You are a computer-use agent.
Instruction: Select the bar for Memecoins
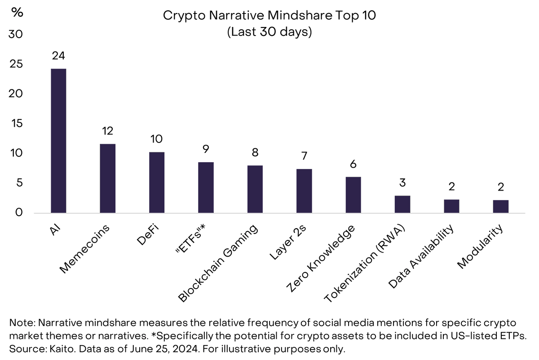tap(108, 178)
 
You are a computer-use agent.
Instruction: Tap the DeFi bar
tap(157, 182)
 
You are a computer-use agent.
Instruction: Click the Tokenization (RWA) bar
tap(402, 204)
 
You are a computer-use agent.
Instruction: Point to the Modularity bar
tap(500, 206)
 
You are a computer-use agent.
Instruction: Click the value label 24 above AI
tap(58, 56)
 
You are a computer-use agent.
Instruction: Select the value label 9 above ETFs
tap(206, 149)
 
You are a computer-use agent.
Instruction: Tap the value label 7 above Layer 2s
tap(304, 156)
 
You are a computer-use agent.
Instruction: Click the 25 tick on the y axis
tap(17, 64)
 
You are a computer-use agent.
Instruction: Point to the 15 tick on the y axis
tap(17, 124)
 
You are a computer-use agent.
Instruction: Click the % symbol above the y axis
tap(17, 12)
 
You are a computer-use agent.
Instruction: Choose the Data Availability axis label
tap(420, 257)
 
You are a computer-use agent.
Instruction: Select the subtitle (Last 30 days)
tap(269, 32)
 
